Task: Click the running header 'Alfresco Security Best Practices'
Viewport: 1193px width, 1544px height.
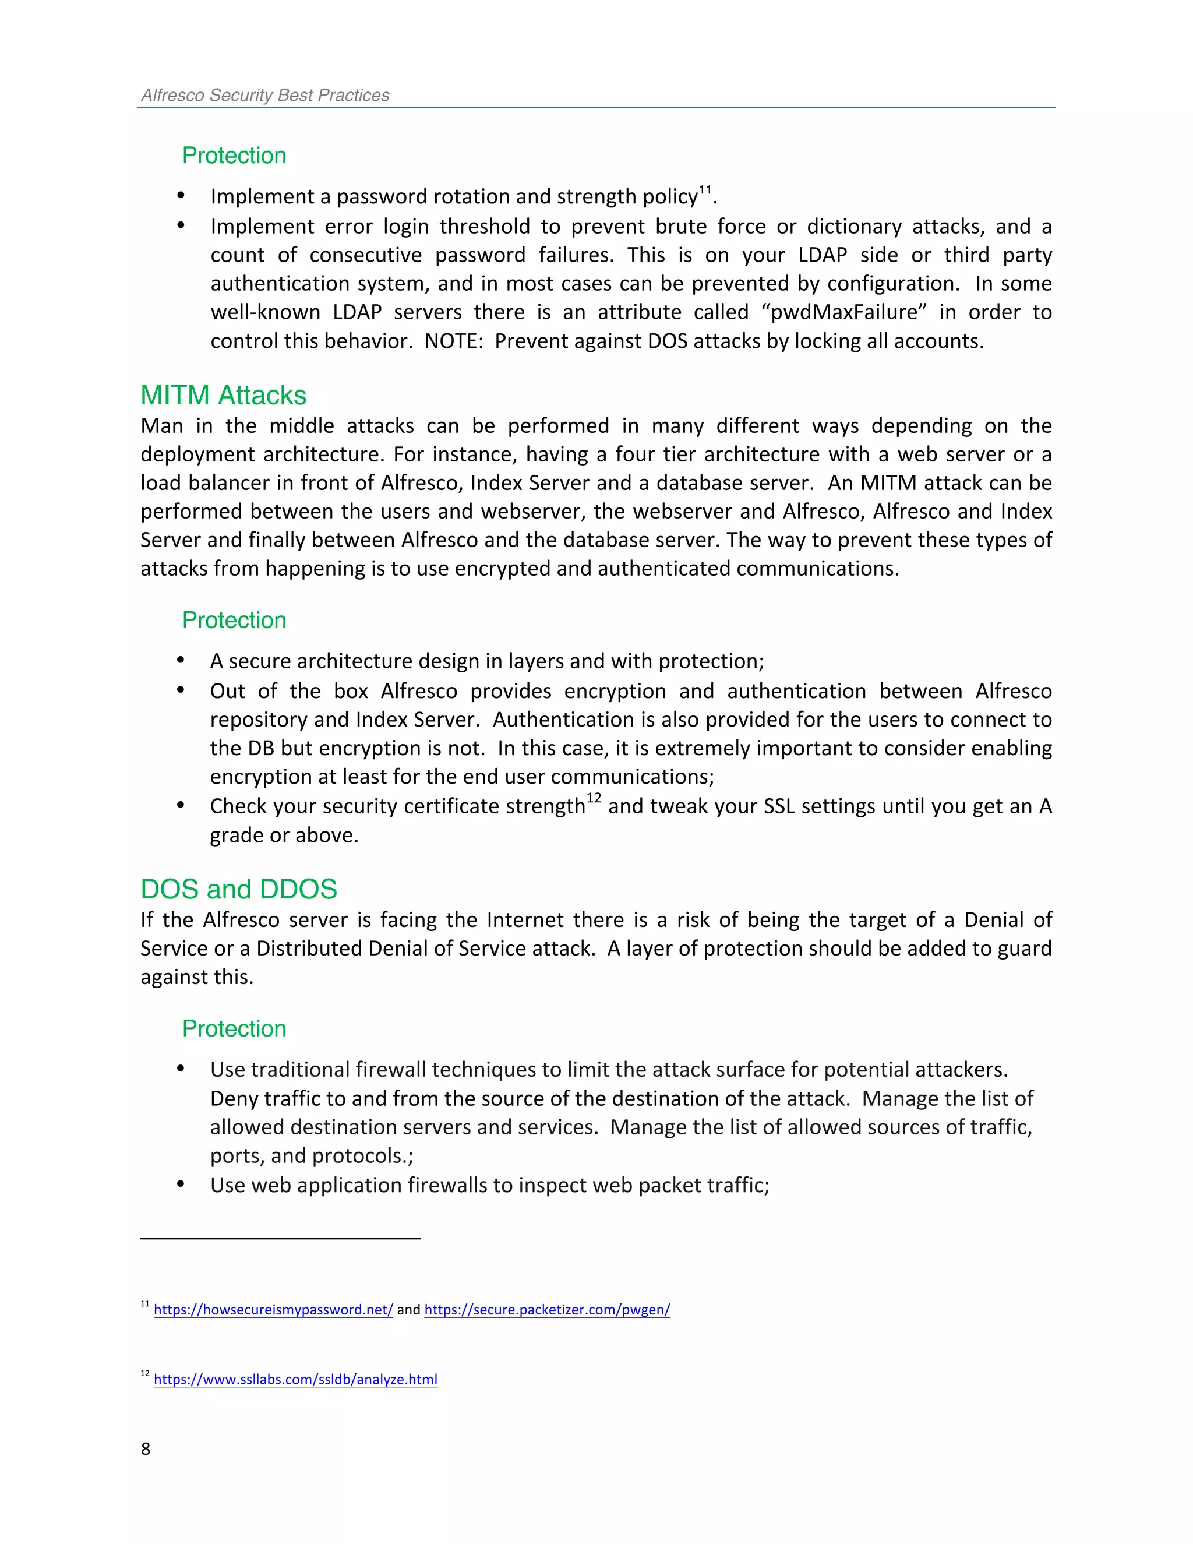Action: click(x=265, y=96)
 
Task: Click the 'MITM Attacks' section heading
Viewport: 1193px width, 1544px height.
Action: click(x=223, y=395)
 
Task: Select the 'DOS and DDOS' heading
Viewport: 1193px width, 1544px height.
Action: click(x=239, y=889)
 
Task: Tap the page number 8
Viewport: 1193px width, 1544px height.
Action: click(x=146, y=1448)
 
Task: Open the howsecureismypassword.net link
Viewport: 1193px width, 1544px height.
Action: click(x=273, y=1309)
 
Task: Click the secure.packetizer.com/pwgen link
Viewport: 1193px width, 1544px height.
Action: click(x=547, y=1309)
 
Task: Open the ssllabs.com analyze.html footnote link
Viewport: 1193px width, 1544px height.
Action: click(x=295, y=1379)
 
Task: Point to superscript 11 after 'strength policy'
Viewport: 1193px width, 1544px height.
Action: click(x=705, y=189)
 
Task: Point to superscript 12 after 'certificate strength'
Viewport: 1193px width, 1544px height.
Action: click(x=594, y=798)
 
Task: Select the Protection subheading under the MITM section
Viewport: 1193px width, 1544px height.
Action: click(x=234, y=620)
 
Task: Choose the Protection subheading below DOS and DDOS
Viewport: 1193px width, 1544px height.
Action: click(x=234, y=1028)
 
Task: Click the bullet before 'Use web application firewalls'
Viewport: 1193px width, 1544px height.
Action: click(x=181, y=1184)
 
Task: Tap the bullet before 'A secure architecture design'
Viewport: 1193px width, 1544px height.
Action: click(x=181, y=660)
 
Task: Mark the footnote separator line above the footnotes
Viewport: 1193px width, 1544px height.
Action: click(x=281, y=1239)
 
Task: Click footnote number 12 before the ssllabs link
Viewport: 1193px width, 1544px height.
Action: click(x=145, y=1374)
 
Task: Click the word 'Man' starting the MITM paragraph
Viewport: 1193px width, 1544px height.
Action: click(x=161, y=425)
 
